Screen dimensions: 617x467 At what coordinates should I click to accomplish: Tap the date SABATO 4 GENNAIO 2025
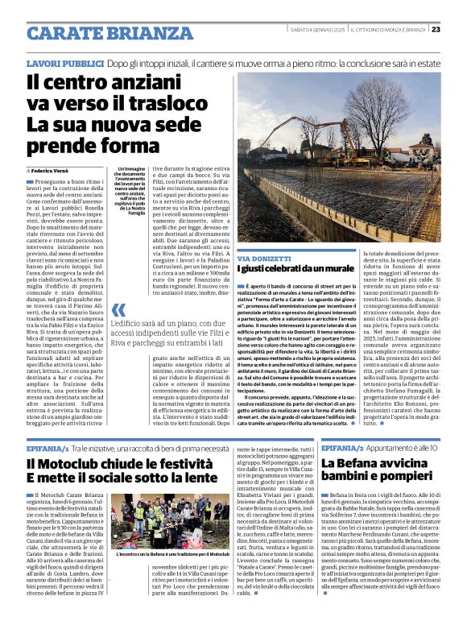coord(320,30)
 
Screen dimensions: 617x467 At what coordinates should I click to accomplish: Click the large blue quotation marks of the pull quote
coord(118,309)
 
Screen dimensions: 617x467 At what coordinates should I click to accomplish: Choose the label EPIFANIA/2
coord(345,447)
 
